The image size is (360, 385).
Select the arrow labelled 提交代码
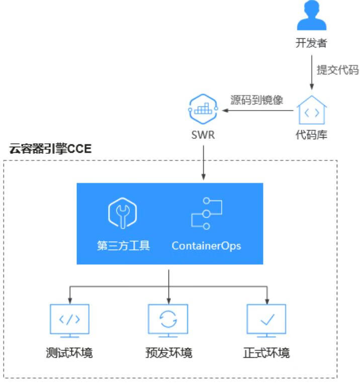coord(311,70)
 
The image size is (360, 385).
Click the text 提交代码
coord(337,70)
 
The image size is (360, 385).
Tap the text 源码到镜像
coord(256,100)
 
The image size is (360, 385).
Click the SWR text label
coord(203,135)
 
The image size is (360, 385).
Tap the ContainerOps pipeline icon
coord(206,214)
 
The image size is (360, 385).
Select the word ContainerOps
coord(206,246)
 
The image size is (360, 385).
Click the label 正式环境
coord(266,352)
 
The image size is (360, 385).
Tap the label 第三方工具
coord(123,246)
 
